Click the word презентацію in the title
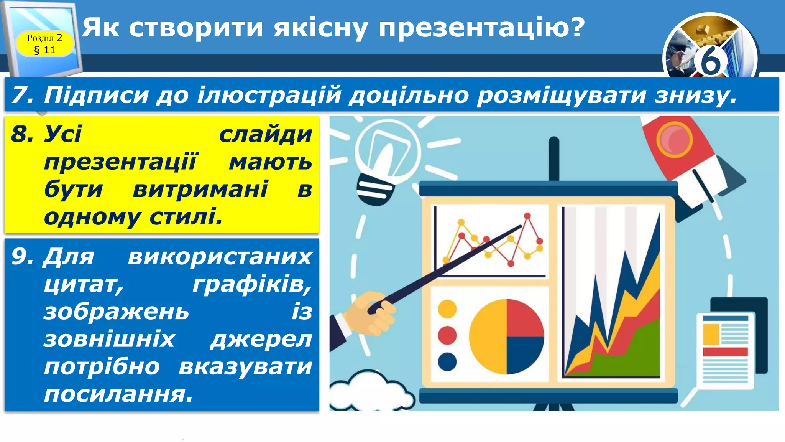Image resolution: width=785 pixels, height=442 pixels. click(481, 28)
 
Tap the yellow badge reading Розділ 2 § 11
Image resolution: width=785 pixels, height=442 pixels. click(44, 44)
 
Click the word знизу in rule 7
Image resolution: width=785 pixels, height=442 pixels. click(695, 95)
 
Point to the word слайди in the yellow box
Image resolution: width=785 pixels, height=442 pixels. click(265, 135)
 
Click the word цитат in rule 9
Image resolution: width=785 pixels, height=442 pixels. click(84, 284)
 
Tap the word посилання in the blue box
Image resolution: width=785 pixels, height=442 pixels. click(118, 394)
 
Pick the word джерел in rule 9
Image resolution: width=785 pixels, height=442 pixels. click(261, 339)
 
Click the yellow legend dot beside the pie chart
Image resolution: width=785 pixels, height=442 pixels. click(447, 309)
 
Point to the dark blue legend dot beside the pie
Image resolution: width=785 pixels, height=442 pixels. click(447, 361)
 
